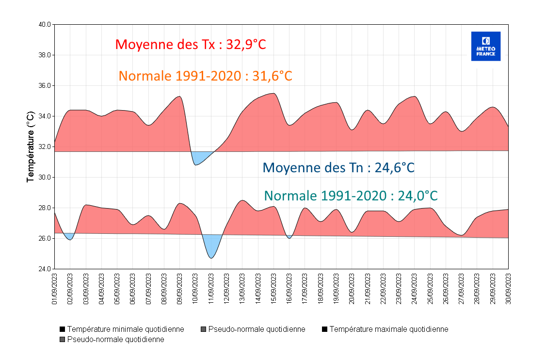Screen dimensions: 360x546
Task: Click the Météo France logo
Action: (485, 46)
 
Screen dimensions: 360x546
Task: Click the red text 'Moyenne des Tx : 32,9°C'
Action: (191, 45)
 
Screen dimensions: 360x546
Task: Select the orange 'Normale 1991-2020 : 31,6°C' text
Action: (205, 76)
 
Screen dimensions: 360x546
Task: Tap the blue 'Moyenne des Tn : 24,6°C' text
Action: (338, 168)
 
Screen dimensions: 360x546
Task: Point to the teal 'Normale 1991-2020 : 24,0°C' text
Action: (351, 196)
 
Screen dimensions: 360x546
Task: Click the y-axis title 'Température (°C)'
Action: (31, 147)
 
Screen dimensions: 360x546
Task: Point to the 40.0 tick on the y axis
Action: (44, 24)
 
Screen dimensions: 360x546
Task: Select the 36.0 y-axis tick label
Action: (44, 86)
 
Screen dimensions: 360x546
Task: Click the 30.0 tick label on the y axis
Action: (44, 178)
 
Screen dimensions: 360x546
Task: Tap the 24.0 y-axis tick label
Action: (44, 269)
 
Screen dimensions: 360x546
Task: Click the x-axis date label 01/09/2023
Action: (54, 289)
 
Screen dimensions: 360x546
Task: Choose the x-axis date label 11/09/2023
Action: (211, 289)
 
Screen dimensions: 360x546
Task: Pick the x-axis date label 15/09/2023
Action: (273, 289)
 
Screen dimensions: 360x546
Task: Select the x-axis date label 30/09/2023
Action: (508, 289)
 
